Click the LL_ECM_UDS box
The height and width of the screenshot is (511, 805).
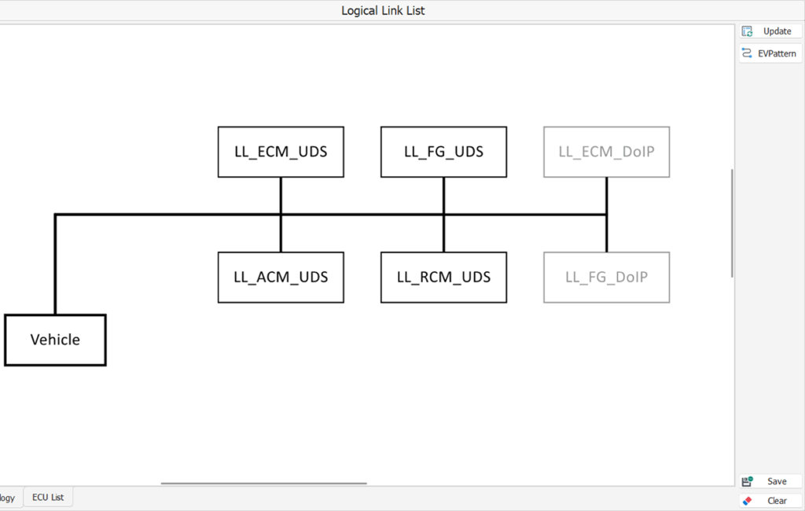click(281, 152)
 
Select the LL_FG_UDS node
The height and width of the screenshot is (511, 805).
click(443, 152)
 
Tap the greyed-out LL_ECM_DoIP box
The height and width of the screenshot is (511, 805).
click(606, 152)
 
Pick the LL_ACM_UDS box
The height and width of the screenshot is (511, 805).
click(281, 278)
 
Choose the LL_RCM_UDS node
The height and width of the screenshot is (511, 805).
click(443, 278)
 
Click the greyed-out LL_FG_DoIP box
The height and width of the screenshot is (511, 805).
click(606, 278)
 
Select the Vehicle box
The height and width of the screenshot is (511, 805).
click(55, 340)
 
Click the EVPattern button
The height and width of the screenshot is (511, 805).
click(770, 53)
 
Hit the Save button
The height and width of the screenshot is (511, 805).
click(770, 481)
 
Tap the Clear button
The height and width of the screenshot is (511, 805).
click(770, 501)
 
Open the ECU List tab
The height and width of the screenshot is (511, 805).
click(48, 497)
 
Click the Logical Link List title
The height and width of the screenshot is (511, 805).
click(383, 11)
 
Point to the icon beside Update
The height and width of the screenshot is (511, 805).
click(747, 31)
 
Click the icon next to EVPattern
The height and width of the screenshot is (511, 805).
click(747, 53)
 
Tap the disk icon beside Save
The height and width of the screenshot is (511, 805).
click(747, 481)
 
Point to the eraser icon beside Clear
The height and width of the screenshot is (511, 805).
click(747, 501)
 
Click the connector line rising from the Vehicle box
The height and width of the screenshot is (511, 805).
click(55, 264)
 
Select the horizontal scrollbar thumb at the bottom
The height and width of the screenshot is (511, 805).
click(264, 483)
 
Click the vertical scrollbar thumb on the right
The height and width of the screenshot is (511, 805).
click(732, 223)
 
